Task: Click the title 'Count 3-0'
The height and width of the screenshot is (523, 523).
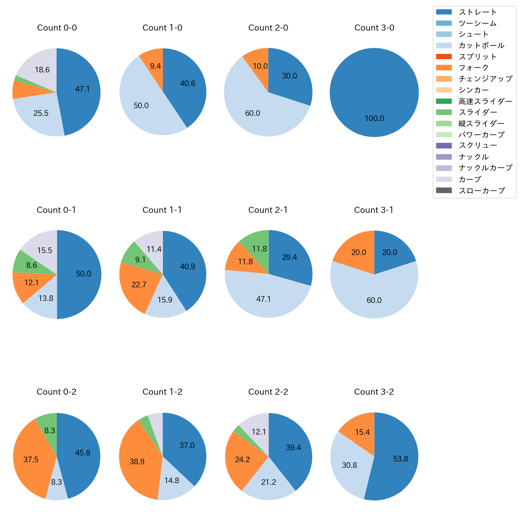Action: coord(374,28)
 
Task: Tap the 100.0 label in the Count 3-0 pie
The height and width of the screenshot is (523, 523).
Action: coord(374,119)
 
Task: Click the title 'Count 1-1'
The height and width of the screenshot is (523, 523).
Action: coord(162,210)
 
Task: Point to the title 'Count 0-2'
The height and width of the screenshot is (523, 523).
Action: coord(56,392)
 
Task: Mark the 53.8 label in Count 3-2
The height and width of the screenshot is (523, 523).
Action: coord(401,459)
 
